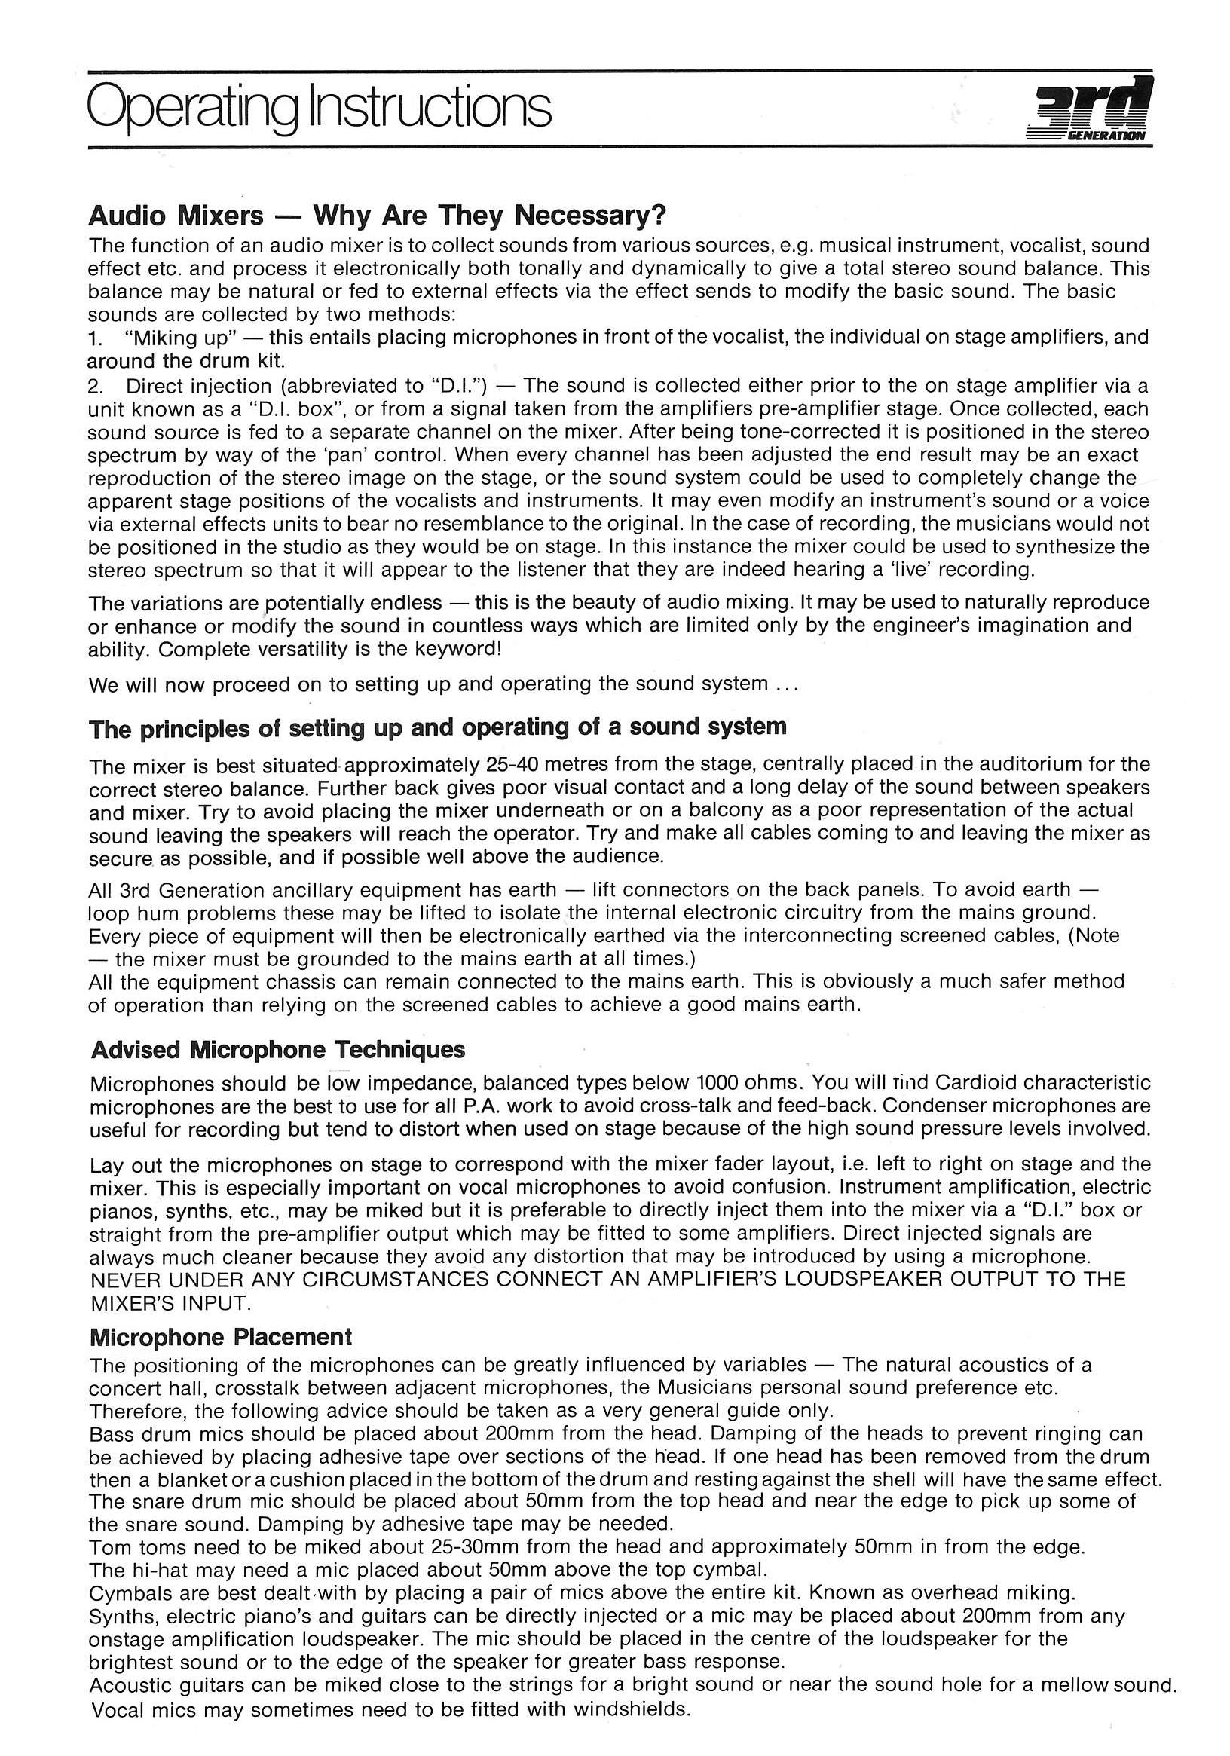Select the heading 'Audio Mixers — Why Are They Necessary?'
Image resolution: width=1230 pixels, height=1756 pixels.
pyautogui.click(x=377, y=216)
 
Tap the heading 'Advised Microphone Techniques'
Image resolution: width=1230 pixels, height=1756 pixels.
pyautogui.click(x=277, y=1049)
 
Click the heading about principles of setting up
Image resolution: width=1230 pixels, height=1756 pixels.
pyautogui.click(x=438, y=727)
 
